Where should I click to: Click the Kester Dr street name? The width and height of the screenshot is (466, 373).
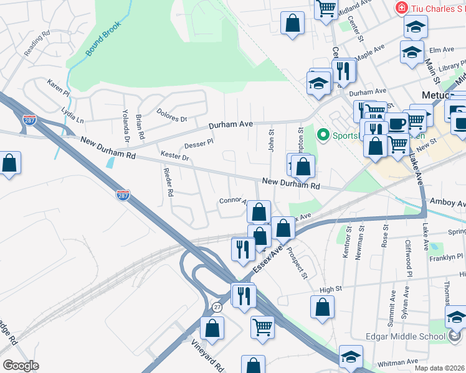(174, 157)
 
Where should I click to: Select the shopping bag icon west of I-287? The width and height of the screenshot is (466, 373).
(9, 164)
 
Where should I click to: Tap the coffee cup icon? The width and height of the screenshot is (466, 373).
(396, 123)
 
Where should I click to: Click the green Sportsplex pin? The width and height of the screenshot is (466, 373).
(323, 134)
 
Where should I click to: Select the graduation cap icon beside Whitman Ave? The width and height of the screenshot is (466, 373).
(351, 357)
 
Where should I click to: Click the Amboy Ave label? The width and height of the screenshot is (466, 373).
(448, 203)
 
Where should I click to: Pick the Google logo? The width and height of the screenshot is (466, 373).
(21, 365)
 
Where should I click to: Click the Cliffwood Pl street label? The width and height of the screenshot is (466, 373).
(409, 258)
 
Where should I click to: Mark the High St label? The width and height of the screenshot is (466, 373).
(331, 288)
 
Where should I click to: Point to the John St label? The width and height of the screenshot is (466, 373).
(271, 139)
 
